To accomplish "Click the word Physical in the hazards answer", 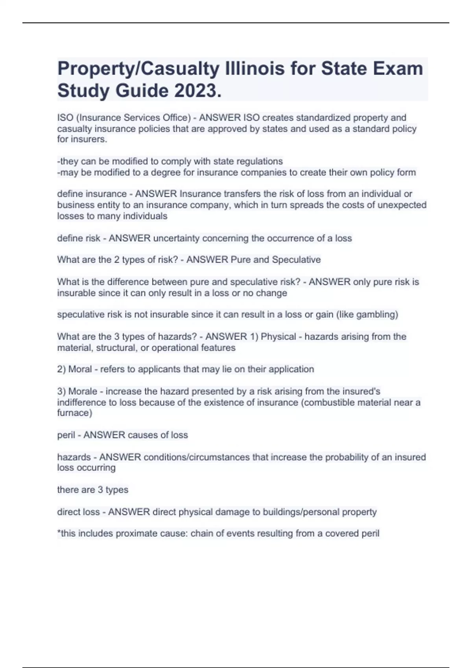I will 278,336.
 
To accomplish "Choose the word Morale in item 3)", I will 83,391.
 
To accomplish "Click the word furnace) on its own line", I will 75,413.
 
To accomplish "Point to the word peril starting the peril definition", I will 66,435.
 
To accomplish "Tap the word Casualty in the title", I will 181,68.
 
